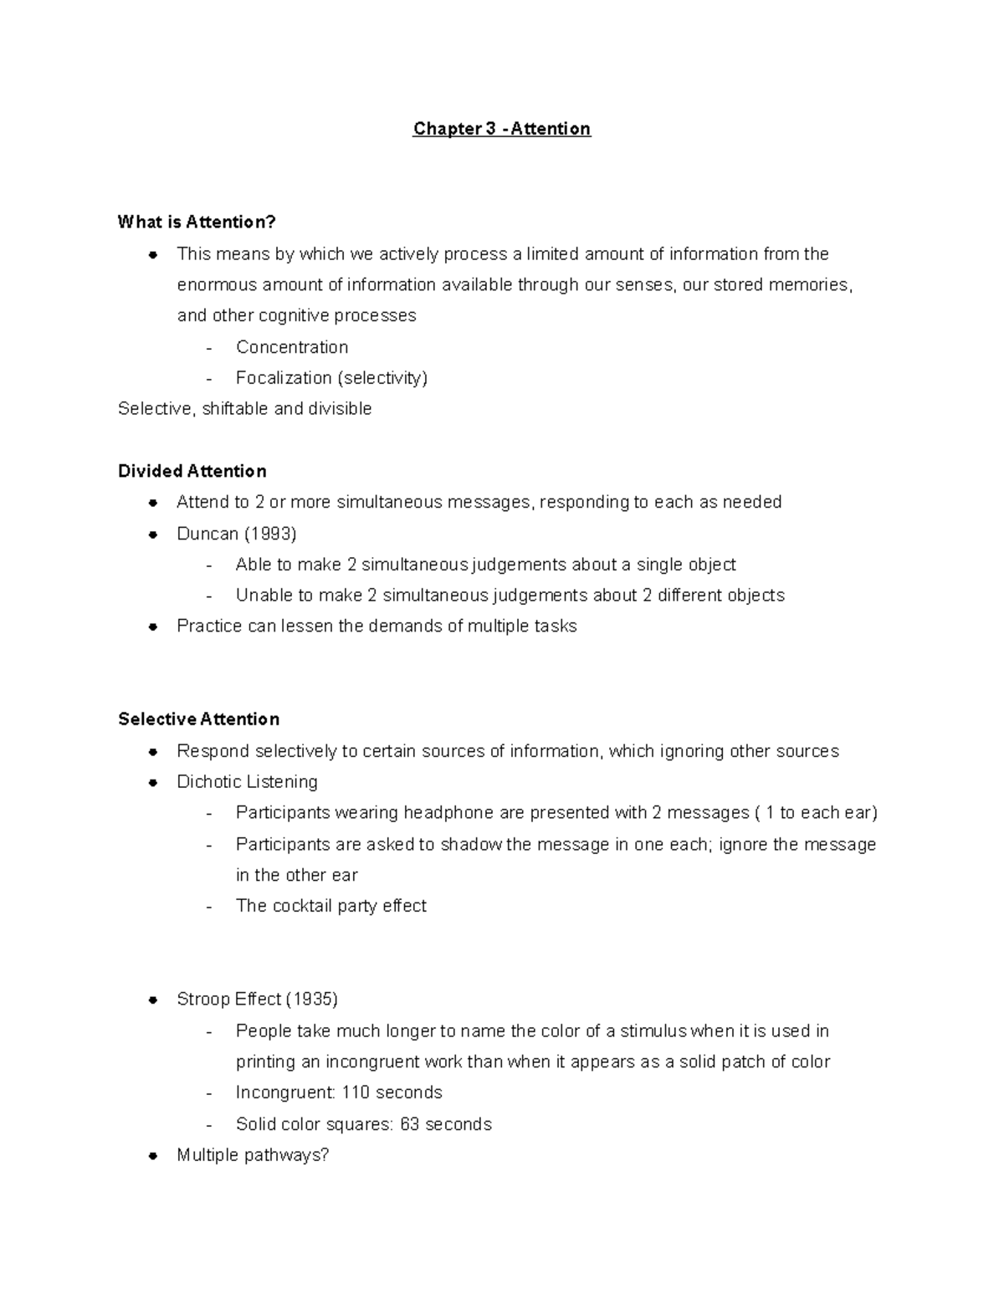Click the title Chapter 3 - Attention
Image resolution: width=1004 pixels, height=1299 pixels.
click(501, 129)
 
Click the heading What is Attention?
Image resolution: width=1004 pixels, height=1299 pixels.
click(197, 222)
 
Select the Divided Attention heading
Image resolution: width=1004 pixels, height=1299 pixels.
click(192, 471)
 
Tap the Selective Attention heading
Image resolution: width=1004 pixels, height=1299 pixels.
click(198, 719)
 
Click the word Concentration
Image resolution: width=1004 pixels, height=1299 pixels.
click(291, 347)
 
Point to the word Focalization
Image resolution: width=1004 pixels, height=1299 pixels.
click(284, 378)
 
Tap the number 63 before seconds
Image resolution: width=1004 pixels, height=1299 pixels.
click(410, 1124)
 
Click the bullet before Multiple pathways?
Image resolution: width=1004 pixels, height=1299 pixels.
click(153, 1156)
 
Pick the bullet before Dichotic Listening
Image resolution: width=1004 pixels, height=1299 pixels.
click(153, 783)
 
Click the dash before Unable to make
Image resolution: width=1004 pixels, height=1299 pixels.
click(209, 596)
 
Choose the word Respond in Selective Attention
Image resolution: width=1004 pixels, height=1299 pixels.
click(213, 751)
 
